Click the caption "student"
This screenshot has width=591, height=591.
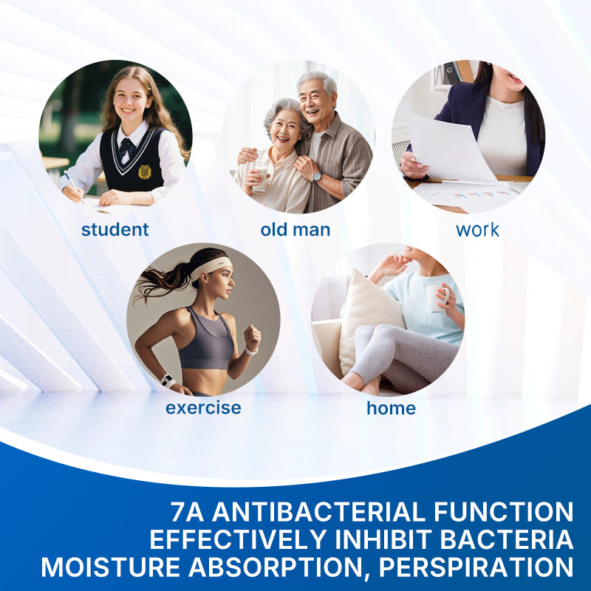pyautogui.click(x=115, y=230)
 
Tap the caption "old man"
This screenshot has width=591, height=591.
pyautogui.click(x=295, y=230)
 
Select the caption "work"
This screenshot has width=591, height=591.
pyautogui.click(x=477, y=230)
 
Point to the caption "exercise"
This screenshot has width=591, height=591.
pyautogui.click(x=203, y=408)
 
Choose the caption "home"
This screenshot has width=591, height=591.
pyautogui.click(x=392, y=408)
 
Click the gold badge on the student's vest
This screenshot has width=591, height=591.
pyautogui.click(x=145, y=172)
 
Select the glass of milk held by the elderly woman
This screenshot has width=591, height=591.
pyautogui.click(x=260, y=175)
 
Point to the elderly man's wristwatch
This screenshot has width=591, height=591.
pyautogui.click(x=317, y=177)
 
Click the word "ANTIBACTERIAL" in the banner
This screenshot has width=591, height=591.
pyautogui.click(x=318, y=512)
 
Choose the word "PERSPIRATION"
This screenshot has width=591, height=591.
pyautogui.click(x=476, y=567)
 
